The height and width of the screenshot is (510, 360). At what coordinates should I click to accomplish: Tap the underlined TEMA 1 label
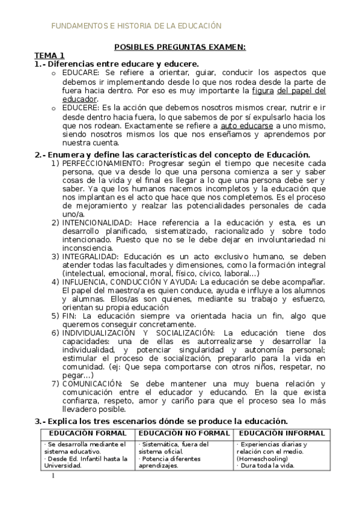(x=49, y=55)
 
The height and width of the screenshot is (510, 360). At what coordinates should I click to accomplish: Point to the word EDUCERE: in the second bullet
(x=78, y=107)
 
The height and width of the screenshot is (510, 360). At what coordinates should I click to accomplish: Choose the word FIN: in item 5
(x=69, y=315)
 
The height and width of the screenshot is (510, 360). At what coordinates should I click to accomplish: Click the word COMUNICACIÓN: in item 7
(x=92, y=384)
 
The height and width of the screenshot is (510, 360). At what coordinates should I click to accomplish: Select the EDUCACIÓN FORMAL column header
(x=88, y=433)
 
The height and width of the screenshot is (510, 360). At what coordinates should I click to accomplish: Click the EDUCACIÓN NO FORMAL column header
(x=184, y=433)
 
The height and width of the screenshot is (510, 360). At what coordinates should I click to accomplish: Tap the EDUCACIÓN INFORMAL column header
(x=281, y=433)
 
